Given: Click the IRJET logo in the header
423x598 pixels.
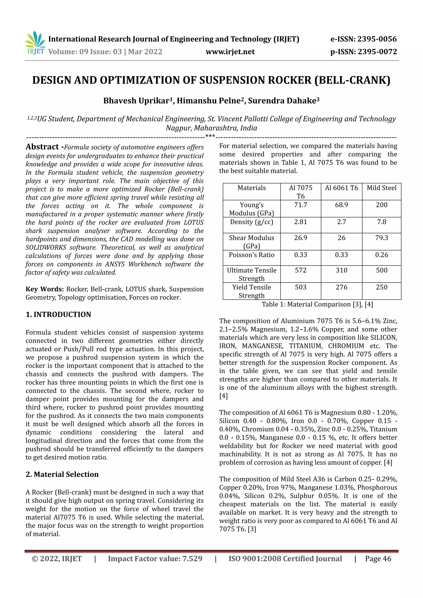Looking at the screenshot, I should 35,43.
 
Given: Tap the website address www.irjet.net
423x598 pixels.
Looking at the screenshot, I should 230,52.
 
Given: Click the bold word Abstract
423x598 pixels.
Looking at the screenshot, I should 43,147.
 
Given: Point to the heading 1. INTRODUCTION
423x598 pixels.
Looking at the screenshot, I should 58,314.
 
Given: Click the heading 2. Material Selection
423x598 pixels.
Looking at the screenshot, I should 62,474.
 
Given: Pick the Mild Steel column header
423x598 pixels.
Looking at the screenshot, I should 381,188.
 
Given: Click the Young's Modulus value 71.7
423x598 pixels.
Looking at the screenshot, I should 301,205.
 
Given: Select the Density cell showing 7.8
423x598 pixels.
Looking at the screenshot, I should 381,222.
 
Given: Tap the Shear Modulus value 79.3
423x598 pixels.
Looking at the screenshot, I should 381,238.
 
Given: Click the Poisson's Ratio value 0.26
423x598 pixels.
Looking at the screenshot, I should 381,255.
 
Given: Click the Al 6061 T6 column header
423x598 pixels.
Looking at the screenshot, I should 341,188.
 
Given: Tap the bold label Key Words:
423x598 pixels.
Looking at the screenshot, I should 45,289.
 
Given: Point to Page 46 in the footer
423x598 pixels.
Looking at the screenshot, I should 378,558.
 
